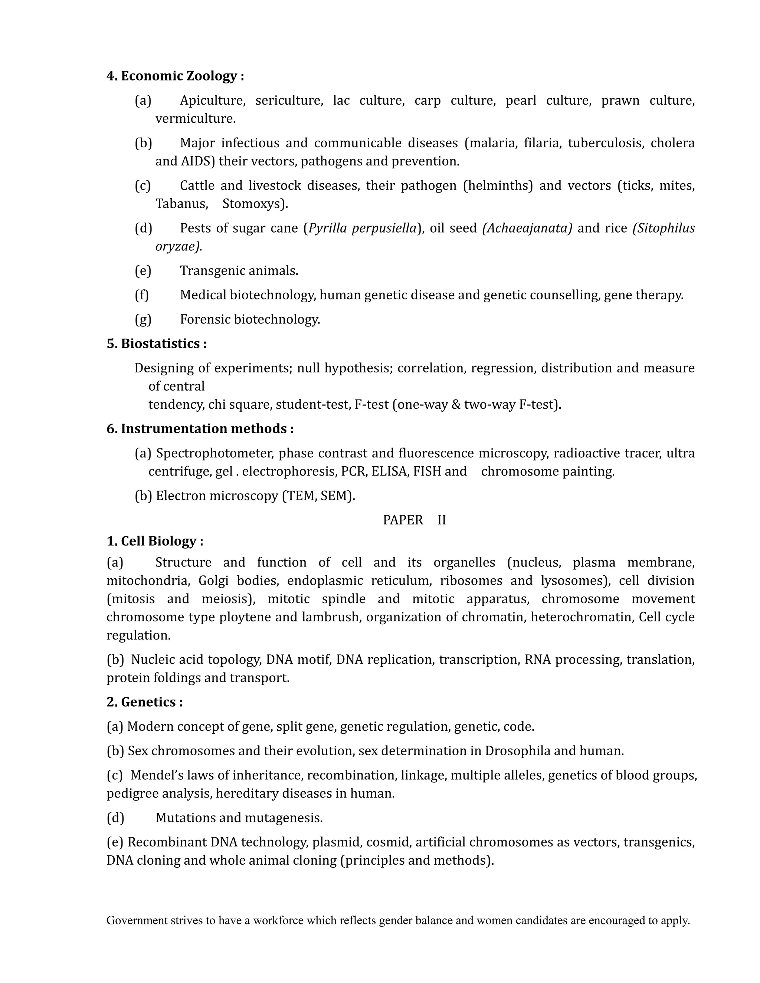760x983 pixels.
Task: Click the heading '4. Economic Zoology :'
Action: coord(175,76)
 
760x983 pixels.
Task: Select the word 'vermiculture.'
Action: coord(196,118)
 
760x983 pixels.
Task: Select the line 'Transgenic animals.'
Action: coord(239,270)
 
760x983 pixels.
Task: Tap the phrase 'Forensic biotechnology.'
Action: coord(250,319)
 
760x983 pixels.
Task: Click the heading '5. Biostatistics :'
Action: coord(156,343)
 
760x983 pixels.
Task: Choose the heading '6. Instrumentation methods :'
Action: coord(200,428)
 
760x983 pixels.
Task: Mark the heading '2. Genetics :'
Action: coord(144,702)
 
